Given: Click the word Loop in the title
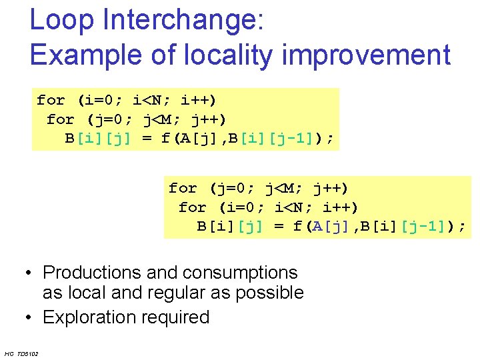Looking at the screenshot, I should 62,20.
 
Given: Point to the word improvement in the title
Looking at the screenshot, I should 367,55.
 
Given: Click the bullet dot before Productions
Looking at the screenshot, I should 29,273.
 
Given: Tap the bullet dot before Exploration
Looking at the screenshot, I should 29,317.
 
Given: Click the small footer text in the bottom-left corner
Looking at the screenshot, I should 21,353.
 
